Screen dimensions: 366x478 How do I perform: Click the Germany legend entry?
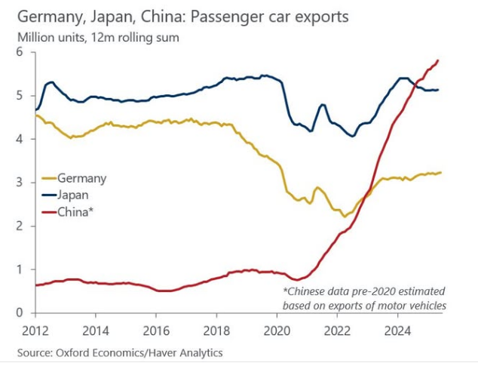coord(81,179)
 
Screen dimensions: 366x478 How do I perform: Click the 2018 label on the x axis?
coord(216,330)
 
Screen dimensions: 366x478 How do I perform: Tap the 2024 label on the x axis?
coord(397,330)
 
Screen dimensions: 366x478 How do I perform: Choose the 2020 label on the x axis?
coord(277,330)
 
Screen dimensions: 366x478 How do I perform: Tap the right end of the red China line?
coord(439,60)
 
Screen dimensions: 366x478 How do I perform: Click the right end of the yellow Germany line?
coord(441,172)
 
